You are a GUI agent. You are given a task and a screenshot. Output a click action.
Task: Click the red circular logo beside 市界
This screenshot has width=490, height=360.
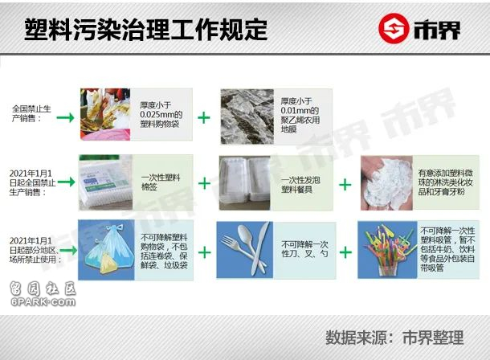click(x=394, y=28)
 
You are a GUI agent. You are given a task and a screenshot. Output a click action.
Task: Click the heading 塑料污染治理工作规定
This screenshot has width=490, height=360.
click(x=145, y=30)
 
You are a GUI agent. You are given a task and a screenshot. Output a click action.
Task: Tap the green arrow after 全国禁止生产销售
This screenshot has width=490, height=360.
click(x=65, y=118)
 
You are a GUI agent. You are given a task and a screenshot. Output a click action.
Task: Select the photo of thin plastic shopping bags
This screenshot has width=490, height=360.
click(x=105, y=114)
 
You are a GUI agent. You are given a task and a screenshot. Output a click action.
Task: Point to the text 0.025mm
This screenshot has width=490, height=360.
click(x=157, y=114)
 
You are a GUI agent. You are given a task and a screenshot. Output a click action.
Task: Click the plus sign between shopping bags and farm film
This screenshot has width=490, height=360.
click(x=204, y=118)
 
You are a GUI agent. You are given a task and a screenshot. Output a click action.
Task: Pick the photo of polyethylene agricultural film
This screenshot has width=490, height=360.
click(x=247, y=117)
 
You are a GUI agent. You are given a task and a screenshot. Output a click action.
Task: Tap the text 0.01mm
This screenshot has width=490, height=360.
click(x=296, y=110)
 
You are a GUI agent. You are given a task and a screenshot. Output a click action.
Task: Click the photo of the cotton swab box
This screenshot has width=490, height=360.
click(x=105, y=182)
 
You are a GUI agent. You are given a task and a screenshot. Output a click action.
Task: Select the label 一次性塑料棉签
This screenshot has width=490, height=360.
click(x=161, y=182)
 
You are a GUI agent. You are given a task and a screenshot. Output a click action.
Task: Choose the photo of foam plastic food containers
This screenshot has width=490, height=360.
click(x=244, y=183)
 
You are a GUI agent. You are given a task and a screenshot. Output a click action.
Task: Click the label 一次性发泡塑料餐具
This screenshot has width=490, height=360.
click(x=300, y=185)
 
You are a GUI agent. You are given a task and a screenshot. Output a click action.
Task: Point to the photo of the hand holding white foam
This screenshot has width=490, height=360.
click(x=386, y=183)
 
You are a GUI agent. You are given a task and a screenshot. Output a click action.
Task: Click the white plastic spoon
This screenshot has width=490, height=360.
click(x=250, y=243)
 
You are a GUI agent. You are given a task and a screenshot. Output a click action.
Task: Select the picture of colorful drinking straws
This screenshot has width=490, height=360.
click(x=387, y=250)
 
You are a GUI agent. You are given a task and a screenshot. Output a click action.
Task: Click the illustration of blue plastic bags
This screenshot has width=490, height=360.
click(x=106, y=250)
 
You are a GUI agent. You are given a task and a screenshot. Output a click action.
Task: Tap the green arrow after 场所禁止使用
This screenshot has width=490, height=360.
click(x=68, y=250)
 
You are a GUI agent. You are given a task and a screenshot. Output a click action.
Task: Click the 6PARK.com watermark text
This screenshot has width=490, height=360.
click(x=43, y=302)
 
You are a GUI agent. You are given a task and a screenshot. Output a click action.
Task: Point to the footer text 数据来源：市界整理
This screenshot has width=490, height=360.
click(x=394, y=337)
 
